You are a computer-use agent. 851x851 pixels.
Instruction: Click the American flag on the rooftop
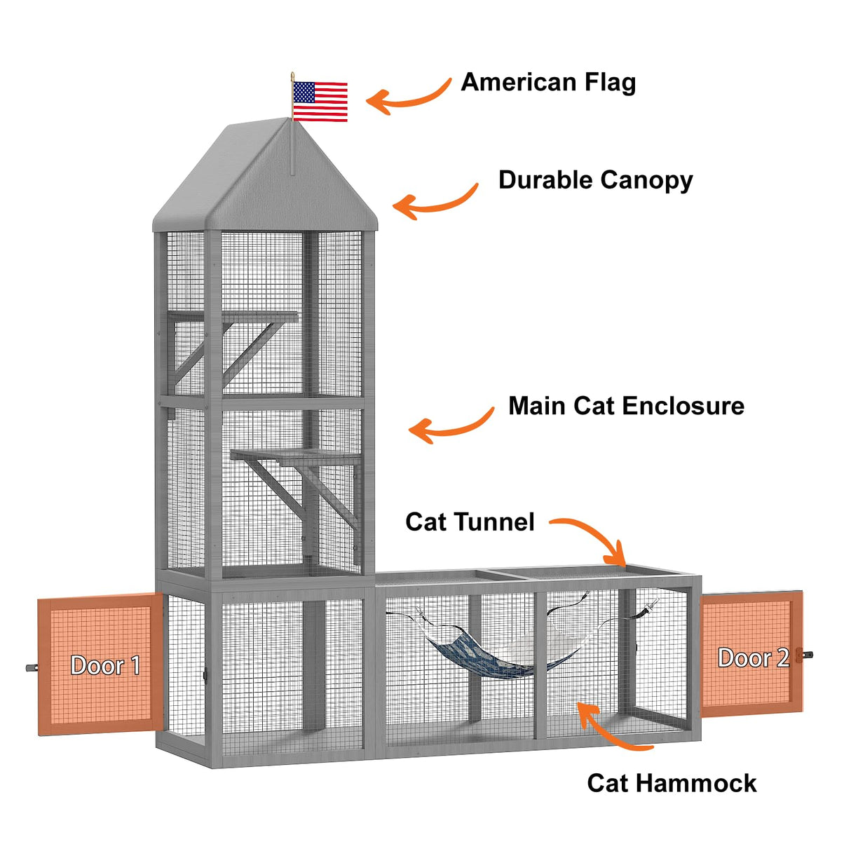[x=320, y=101]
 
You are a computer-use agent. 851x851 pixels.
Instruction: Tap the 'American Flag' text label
[x=548, y=83]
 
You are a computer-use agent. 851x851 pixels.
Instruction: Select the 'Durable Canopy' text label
[x=595, y=180]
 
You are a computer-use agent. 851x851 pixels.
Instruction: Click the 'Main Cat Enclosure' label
[x=626, y=406]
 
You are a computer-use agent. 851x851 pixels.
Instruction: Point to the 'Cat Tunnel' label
[x=470, y=522]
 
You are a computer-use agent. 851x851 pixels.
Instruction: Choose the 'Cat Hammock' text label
[x=672, y=783]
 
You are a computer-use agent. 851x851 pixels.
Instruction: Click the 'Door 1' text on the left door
[x=105, y=665]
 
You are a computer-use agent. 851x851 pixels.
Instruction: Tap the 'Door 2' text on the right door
[x=754, y=658]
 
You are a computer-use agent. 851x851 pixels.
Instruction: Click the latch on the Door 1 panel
[x=32, y=668]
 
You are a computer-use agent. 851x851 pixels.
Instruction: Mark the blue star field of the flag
[x=304, y=92]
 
